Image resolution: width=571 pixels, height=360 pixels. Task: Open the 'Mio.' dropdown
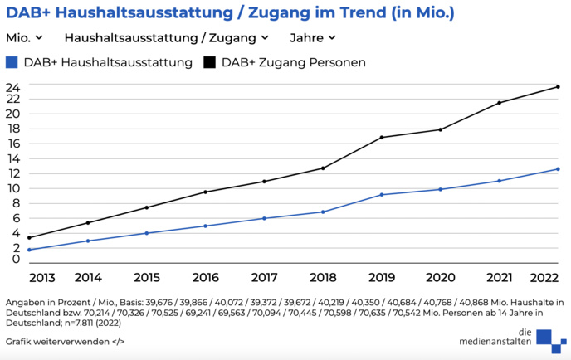(x=24, y=37)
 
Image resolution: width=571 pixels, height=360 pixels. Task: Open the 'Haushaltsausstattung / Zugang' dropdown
(x=166, y=37)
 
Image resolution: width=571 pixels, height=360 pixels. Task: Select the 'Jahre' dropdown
(x=312, y=37)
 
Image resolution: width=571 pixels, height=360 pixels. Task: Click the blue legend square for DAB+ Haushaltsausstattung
(x=12, y=62)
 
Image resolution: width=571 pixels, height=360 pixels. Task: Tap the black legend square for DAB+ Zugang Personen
(x=209, y=62)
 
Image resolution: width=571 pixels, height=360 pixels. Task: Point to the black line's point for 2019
(x=381, y=138)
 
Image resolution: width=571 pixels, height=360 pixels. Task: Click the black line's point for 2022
(x=558, y=87)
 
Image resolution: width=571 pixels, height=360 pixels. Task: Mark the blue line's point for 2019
(x=381, y=195)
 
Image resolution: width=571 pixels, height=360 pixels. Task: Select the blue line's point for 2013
(x=29, y=250)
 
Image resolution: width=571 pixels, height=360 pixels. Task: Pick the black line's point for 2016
(x=205, y=192)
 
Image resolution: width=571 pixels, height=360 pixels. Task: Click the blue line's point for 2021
(x=499, y=181)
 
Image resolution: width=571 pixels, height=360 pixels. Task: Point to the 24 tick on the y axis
(x=12, y=85)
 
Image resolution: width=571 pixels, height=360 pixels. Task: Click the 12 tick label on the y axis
(x=12, y=173)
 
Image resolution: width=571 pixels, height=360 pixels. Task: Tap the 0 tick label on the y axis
(x=16, y=260)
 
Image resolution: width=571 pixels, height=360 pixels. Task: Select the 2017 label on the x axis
(x=264, y=277)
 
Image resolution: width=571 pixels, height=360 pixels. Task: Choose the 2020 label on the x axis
(x=440, y=277)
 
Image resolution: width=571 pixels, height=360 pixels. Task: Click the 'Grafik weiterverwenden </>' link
(x=65, y=341)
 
